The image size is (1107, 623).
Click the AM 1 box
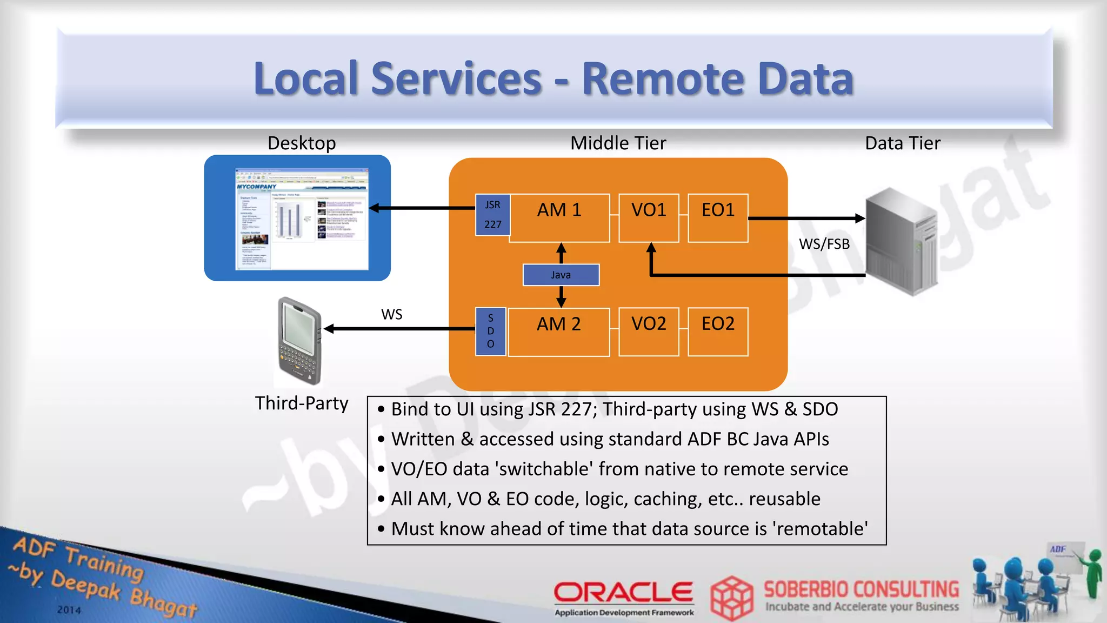click(x=559, y=217)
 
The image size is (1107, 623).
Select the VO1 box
click(x=649, y=217)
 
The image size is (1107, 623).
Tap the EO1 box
click(x=718, y=217)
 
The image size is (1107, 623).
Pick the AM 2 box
click(x=559, y=332)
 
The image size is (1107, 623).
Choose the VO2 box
click(x=649, y=332)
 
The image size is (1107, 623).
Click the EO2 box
click(x=718, y=332)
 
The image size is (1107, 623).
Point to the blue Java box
click(x=561, y=275)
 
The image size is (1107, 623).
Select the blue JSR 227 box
click(x=492, y=215)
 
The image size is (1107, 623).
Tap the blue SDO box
click(x=490, y=331)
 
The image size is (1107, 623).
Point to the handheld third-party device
click(x=299, y=341)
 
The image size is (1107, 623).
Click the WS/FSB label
click(x=824, y=244)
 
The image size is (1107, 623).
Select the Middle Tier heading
click(x=618, y=143)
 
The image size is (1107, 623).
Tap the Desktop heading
click(x=302, y=143)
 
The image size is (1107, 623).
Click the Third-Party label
click(x=302, y=403)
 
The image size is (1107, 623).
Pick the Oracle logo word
click(x=623, y=592)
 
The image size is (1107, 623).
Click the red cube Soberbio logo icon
click(x=731, y=598)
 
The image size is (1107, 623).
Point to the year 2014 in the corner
click(x=69, y=609)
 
